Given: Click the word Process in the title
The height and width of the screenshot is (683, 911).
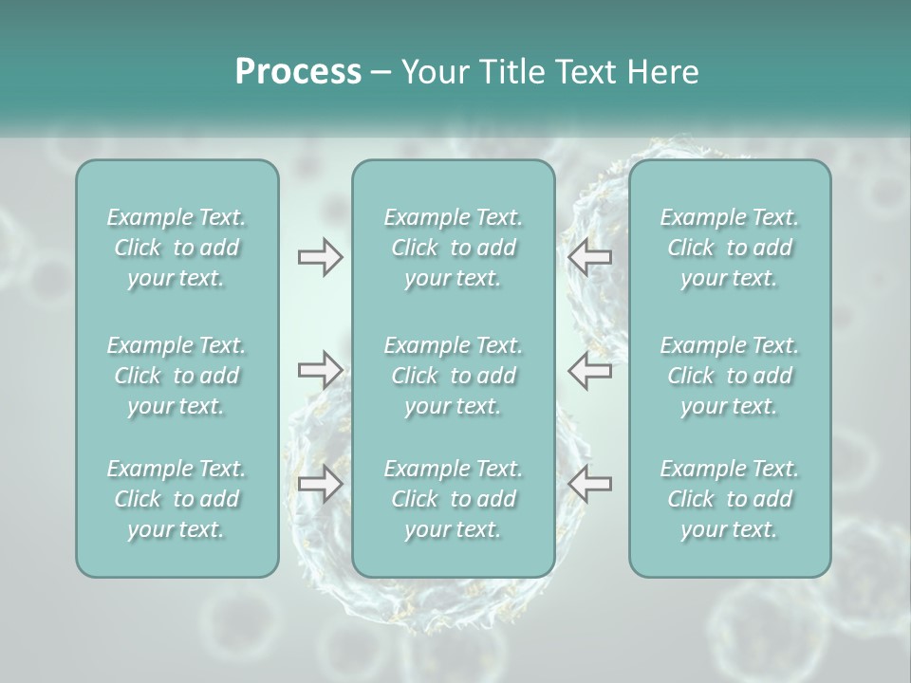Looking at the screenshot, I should pos(298,72).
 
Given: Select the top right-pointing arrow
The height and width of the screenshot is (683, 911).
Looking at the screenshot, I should pos(320,257).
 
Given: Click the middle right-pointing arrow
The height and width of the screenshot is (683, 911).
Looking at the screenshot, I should pos(320,370).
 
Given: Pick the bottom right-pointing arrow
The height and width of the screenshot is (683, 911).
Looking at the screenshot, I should pos(320,483).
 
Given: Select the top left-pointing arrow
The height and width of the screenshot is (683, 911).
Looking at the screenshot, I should pos(590,257).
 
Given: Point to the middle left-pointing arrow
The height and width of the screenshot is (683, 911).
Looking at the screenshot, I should pos(590,370).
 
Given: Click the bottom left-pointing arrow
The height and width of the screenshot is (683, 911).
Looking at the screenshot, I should pos(590,483).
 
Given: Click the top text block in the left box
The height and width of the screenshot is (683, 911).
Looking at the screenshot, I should pos(177,248).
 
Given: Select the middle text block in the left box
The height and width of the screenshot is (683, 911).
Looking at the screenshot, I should pos(177,376).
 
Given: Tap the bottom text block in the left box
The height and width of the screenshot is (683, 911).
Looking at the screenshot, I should pos(177,499).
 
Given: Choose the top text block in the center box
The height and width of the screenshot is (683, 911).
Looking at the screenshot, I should pos(453,248).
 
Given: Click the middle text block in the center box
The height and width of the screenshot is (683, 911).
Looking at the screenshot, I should pos(453,376).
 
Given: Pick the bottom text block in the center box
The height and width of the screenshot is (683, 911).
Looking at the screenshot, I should pos(453,499).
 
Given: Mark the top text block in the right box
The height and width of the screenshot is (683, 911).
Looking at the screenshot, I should pos(729,248).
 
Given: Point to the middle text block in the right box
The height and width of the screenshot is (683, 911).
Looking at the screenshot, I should pos(729,376).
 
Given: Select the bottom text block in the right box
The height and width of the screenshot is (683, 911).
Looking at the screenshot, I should pos(729,499).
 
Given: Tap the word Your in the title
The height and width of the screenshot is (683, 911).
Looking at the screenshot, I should pos(431,72).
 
